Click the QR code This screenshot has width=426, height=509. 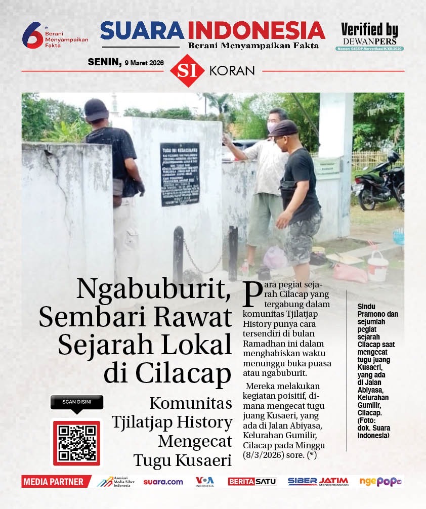click(77, 443)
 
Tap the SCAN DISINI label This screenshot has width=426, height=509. click(77, 402)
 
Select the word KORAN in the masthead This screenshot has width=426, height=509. click(231, 71)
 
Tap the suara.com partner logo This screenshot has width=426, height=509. click(163, 482)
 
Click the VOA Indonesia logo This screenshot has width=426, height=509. click(205, 481)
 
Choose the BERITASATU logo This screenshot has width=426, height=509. click(252, 482)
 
